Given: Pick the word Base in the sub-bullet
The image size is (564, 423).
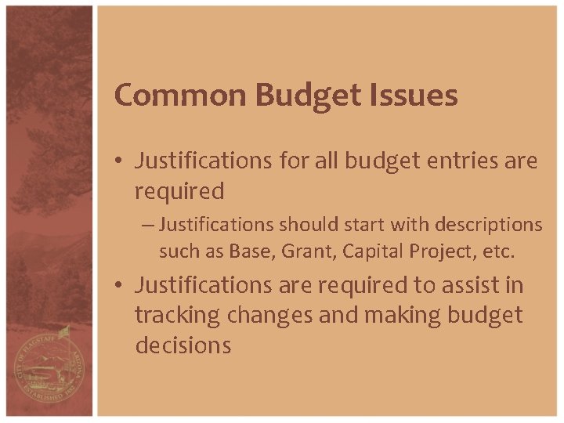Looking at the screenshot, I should tap(247, 251).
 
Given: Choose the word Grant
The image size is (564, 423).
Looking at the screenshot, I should tap(301, 251).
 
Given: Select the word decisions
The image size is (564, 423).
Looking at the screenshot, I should tap(183, 345).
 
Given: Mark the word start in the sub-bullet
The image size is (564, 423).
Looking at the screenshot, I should tap(347, 225).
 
